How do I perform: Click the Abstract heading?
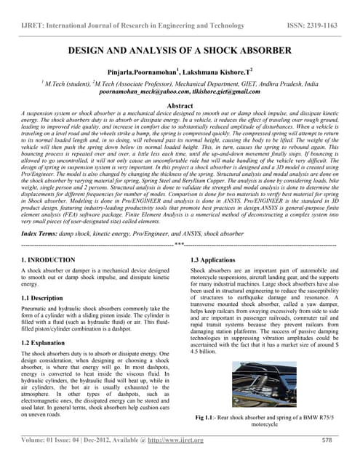(180, 106)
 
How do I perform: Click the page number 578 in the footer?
(327, 440)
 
